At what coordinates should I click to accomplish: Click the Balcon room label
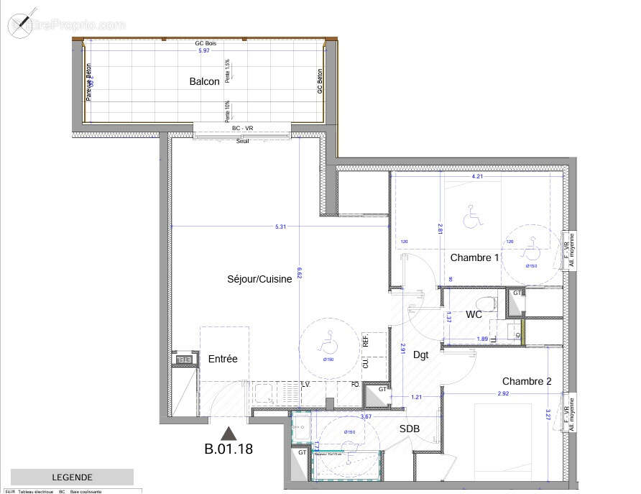tap(204, 82)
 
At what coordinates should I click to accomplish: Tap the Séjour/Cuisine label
tap(259, 280)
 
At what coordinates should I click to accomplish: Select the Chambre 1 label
tap(474, 257)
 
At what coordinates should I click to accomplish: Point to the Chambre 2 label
tap(527, 381)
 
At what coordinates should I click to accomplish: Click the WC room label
tap(474, 315)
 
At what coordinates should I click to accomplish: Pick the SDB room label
tap(410, 429)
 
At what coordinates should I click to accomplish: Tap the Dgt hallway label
tap(421, 355)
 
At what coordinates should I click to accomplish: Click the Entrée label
tap(223, 359)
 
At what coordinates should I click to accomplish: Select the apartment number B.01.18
tap(229, 450)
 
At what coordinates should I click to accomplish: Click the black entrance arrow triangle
tap(229, 433)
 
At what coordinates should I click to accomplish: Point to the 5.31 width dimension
tap(281, 227)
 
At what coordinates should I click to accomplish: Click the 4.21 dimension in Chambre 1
tap(476, 176)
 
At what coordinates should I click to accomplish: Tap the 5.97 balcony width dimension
tap(204, 50)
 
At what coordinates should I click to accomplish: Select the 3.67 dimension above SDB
tap(366, 417)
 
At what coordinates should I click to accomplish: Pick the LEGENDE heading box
tap(72, 477)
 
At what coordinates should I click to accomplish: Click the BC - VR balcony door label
tap(242, 129)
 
